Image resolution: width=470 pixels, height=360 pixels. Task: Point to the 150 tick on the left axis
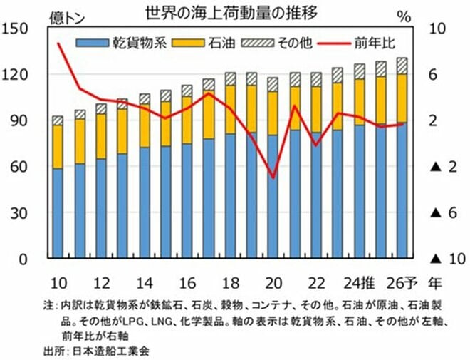tap(15, 29)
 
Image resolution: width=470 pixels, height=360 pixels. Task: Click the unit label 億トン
tap(65, 19)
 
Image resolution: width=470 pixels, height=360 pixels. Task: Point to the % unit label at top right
tap(427, 13)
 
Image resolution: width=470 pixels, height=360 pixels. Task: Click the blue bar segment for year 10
tap(58, 214)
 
